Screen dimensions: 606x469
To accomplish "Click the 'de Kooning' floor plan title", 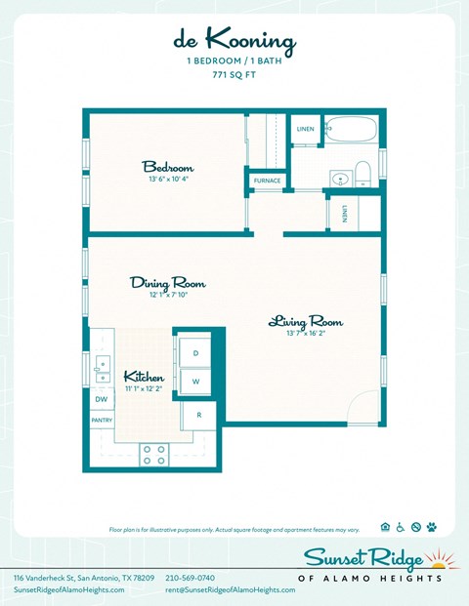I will pyautogui.click(x=234, y=41).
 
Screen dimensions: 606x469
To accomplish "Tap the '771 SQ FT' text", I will pyautogui.click(x=234, y=73).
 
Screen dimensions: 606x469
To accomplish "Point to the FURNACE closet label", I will pyautogui.click(x=267, y=181).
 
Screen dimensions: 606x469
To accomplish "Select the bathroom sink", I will pyautogui.click(x=339, y=178).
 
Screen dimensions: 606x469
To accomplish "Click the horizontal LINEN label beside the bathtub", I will pyautogui.click(x=305, y=129).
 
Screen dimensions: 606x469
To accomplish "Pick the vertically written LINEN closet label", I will pyautogui.click(x=346, y=214).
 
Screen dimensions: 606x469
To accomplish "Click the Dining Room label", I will pyautogui.click(x=168, y=283).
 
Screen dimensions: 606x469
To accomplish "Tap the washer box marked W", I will pyautogui.click(x=195, y=382).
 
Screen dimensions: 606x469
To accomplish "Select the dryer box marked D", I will pyautogui.click(x=195, y=352).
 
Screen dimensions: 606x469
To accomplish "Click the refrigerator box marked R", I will pyautogui.click(x=198, y=415).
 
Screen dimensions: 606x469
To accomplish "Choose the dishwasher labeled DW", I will pyautogui.click(x=101, y=399).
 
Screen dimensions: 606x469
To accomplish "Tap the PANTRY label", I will pyautogui.click(x=102, y=421).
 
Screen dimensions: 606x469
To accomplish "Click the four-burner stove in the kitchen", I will pyautogui.click(x=154, y=454).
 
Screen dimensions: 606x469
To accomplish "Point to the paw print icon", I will pyautogui.click(x=431, y=527).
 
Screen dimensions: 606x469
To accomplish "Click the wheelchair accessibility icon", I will pyautogui.click(x=401, y=527).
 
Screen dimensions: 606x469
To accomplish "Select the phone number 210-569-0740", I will pyautogui.click(x=191, y=578).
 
